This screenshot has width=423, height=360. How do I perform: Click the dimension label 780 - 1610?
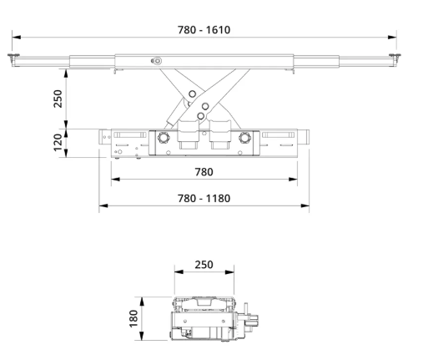click(204, 30)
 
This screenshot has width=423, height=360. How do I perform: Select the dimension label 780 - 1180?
click(204, 199)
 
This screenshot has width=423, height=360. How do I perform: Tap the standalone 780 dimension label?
click(204, 172)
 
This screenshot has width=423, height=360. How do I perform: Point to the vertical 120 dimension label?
click(58, 143)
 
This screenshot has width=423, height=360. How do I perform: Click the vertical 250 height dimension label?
click(58, 99)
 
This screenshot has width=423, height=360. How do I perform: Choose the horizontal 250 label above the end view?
click(204, 265)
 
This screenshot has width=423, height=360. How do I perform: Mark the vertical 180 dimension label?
click(133, 318)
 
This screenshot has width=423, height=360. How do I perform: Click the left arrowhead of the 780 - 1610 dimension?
click(17, 37)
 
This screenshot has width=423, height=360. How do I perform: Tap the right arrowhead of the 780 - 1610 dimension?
click(392, 37)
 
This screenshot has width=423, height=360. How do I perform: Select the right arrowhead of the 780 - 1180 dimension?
click(305, 205)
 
